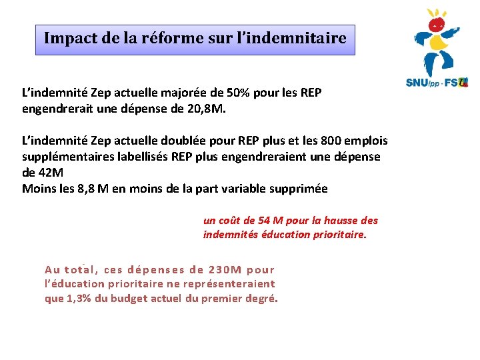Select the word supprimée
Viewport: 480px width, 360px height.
299,189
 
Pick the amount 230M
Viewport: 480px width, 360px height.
225,269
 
